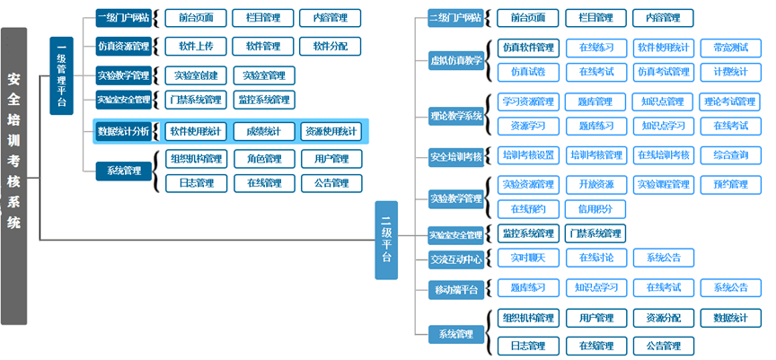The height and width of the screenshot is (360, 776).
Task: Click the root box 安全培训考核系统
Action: pos(13,175)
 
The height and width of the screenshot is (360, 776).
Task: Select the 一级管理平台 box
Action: pos(61,75)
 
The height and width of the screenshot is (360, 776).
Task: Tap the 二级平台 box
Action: pos(386,240)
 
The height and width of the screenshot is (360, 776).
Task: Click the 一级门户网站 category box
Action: pos(123,18)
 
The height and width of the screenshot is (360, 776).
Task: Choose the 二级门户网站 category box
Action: pos(455,18)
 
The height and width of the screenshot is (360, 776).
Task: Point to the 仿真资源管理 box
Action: pos(123,46)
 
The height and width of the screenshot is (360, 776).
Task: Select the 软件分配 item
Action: pos(330,46)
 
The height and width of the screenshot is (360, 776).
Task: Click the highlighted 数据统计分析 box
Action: pos(123,131)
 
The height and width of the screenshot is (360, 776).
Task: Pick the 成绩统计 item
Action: pos(263,131)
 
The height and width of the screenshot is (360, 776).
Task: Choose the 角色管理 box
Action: pos(263,159)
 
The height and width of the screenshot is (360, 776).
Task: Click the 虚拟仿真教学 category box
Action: pos(455,60)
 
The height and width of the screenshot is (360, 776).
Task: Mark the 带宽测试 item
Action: pos(730,48)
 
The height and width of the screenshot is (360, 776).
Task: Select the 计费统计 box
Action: pos(730,72)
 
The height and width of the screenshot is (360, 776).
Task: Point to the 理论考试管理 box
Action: pos(730,101)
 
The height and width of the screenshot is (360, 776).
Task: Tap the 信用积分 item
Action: pos(595,209)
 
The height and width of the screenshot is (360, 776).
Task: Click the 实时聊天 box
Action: pos(528,259)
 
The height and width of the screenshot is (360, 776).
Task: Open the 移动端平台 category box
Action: pos(455,289)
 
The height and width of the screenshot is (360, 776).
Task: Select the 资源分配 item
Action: pos(663,318)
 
